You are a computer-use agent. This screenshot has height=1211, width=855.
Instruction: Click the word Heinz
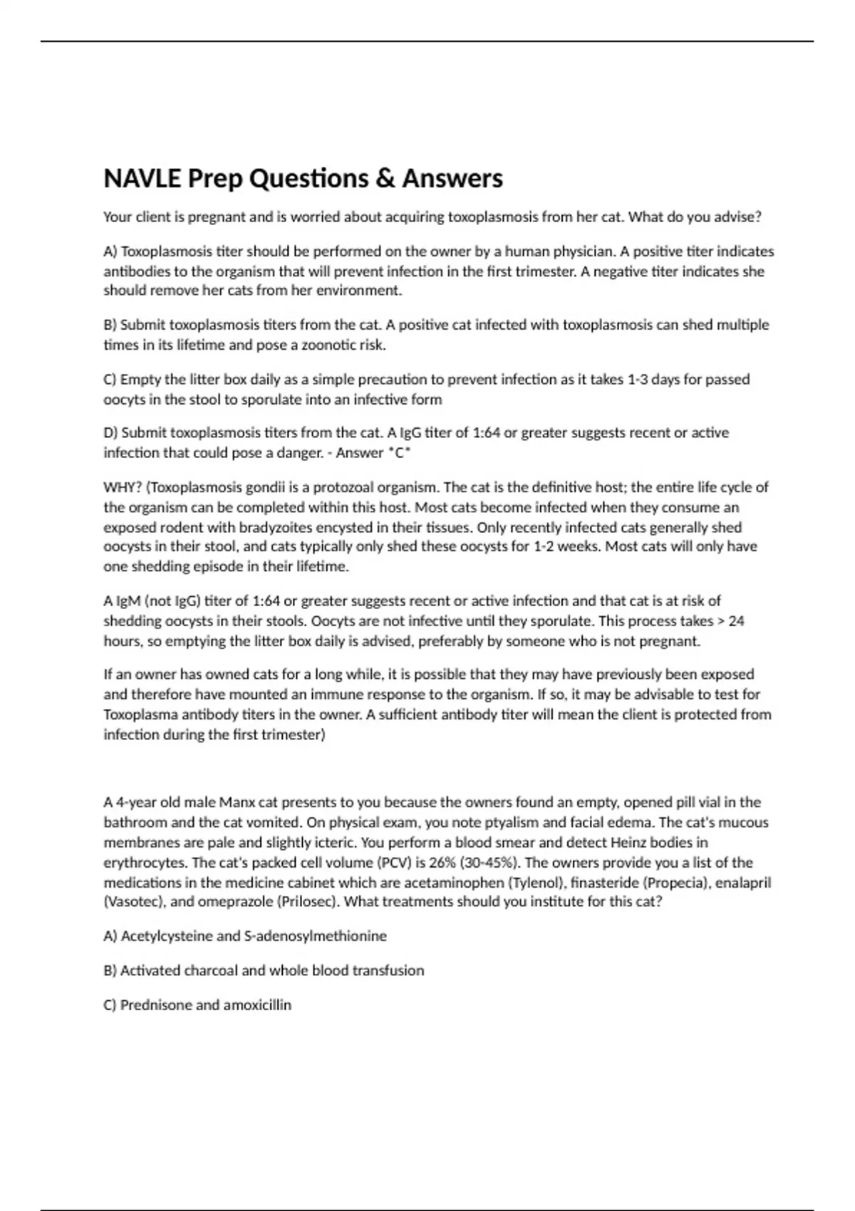[629, 843]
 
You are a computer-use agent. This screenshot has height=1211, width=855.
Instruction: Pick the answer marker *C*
[399, 453]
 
